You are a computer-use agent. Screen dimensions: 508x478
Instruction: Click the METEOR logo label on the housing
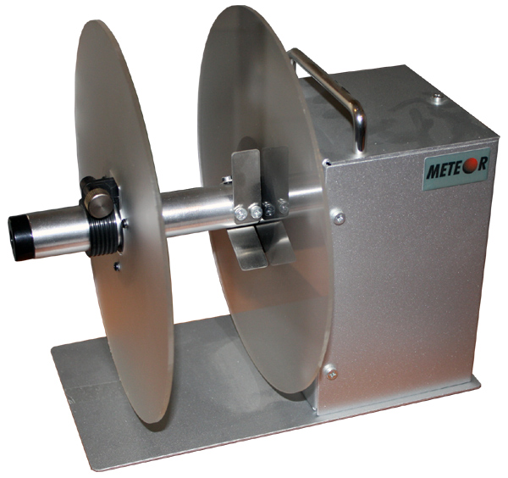(x=456, y=169)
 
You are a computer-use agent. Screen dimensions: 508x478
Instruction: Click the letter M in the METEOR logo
(x=434, y=171)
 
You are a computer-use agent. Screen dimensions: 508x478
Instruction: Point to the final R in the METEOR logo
(x=482, y=164)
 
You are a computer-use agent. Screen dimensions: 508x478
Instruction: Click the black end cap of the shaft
(x=20, y=238)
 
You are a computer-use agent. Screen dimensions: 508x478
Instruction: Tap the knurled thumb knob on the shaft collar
(x=98, y=202)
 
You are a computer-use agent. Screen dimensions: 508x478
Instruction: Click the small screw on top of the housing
(x=438, y=97)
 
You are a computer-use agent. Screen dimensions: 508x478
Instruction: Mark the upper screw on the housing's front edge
(x=338, y=217)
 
